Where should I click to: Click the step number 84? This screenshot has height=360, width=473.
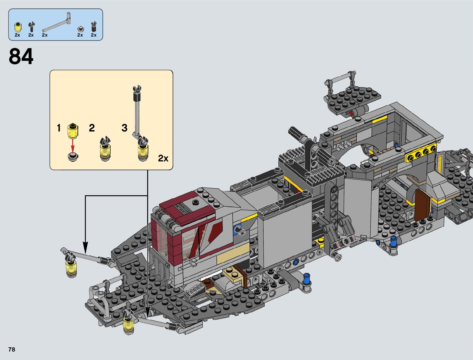tap(21, 57)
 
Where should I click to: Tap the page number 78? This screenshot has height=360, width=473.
tap(12, 349)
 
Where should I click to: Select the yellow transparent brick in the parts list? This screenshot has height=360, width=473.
tap(18, 27)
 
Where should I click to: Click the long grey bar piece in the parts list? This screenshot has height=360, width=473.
tap(57, 22)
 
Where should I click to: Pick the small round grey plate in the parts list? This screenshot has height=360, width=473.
tap(81, 29)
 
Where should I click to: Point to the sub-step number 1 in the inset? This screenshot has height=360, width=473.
tap(59, 128)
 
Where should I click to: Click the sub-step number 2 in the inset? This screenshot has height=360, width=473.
tap(92, 128)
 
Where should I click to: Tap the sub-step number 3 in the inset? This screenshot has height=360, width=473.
tap(124, 128)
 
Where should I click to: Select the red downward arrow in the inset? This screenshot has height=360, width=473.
tap(73, 145)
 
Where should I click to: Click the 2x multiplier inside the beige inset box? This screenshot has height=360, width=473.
tap(163, 158)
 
